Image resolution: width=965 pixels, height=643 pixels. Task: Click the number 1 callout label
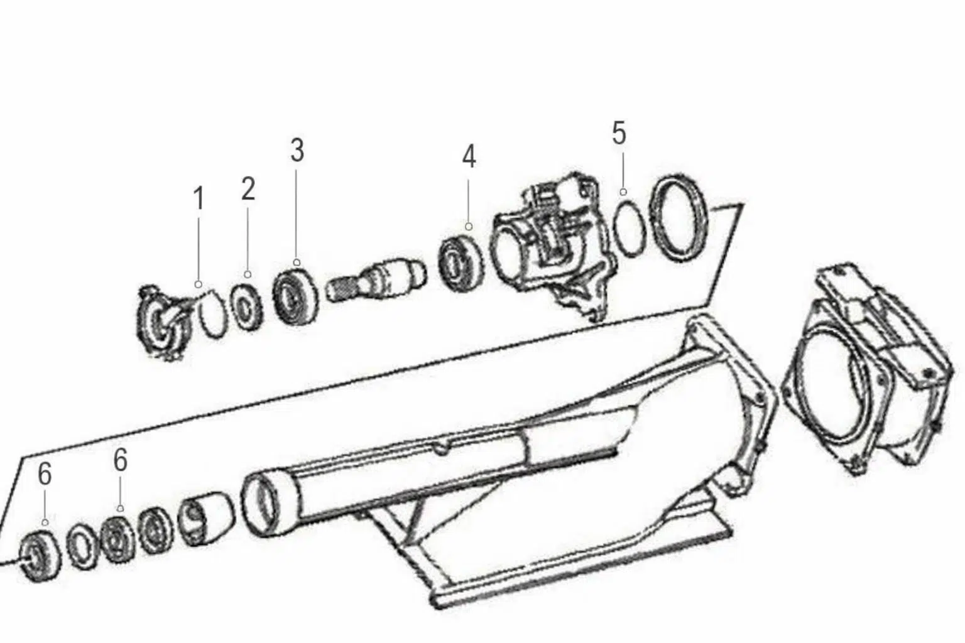[x=199, y=200]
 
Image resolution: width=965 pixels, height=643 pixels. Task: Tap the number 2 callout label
[x=248, y=189]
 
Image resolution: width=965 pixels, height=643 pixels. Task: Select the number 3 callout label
[x=297, y=151]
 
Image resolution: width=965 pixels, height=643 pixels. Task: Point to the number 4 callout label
[x=469, y=156]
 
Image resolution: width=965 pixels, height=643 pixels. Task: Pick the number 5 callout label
[x=619, y=134]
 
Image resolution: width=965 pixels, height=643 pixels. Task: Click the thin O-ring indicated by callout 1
[x=211, y=317]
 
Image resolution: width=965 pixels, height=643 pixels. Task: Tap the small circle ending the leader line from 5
[x=623, y=192]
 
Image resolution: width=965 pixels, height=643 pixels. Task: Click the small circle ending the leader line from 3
[x=297, y=262]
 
